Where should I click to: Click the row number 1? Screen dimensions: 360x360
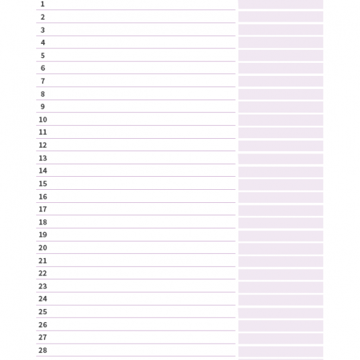tap(43, 4)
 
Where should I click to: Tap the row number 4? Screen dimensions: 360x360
tap(43, 43)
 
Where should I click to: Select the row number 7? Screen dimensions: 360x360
tap(43, 81)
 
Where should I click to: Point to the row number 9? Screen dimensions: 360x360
tap(43, 107)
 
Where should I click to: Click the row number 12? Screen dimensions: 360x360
tap(43, 145)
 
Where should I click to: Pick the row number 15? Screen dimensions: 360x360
tap(43, 184)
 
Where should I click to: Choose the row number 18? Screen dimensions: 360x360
tap(43, 222)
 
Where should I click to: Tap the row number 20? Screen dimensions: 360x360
tap(43, 247)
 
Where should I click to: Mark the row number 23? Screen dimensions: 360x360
tap(43, 286)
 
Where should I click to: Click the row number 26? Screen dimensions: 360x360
tap(43, 325)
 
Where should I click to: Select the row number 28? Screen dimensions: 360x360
tap(43, 350)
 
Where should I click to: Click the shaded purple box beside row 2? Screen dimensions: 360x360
tap(281, 16)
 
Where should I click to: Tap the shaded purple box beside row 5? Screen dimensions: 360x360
tap(281, 56)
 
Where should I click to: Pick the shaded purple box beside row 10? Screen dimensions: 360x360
tap(281, 120)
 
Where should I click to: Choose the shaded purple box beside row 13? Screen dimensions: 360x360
tap(281, 158)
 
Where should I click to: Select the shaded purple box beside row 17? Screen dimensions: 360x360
tap(281, 210)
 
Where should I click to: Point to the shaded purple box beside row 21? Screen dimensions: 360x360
tap(281, 262)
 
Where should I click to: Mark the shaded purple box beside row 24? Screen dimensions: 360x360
tap(281, 300)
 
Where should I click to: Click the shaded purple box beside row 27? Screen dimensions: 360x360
tap(281, 338)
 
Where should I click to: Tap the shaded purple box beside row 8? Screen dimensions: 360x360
tap(281, 94)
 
